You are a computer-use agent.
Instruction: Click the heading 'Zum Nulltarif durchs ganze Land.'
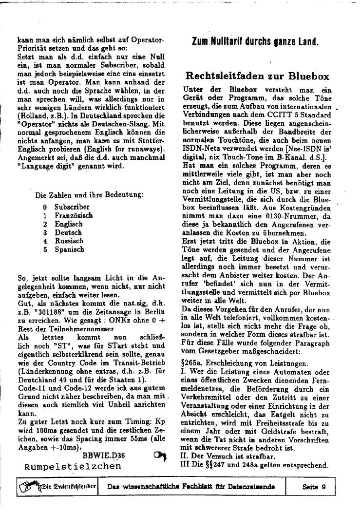[255, 41]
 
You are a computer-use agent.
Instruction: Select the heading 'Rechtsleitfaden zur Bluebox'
[258, 76]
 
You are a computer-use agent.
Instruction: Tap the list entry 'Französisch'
[73, 215]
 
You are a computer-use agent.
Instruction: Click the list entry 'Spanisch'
[69, 249]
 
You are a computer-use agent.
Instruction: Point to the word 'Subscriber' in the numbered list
[72, 207]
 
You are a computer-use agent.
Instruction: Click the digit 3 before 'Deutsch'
[45, 232]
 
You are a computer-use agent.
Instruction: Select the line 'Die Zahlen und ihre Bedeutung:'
[89, 195]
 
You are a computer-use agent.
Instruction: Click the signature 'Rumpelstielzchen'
[73, 466]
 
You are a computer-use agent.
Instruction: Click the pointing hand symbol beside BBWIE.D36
[159, 456]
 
